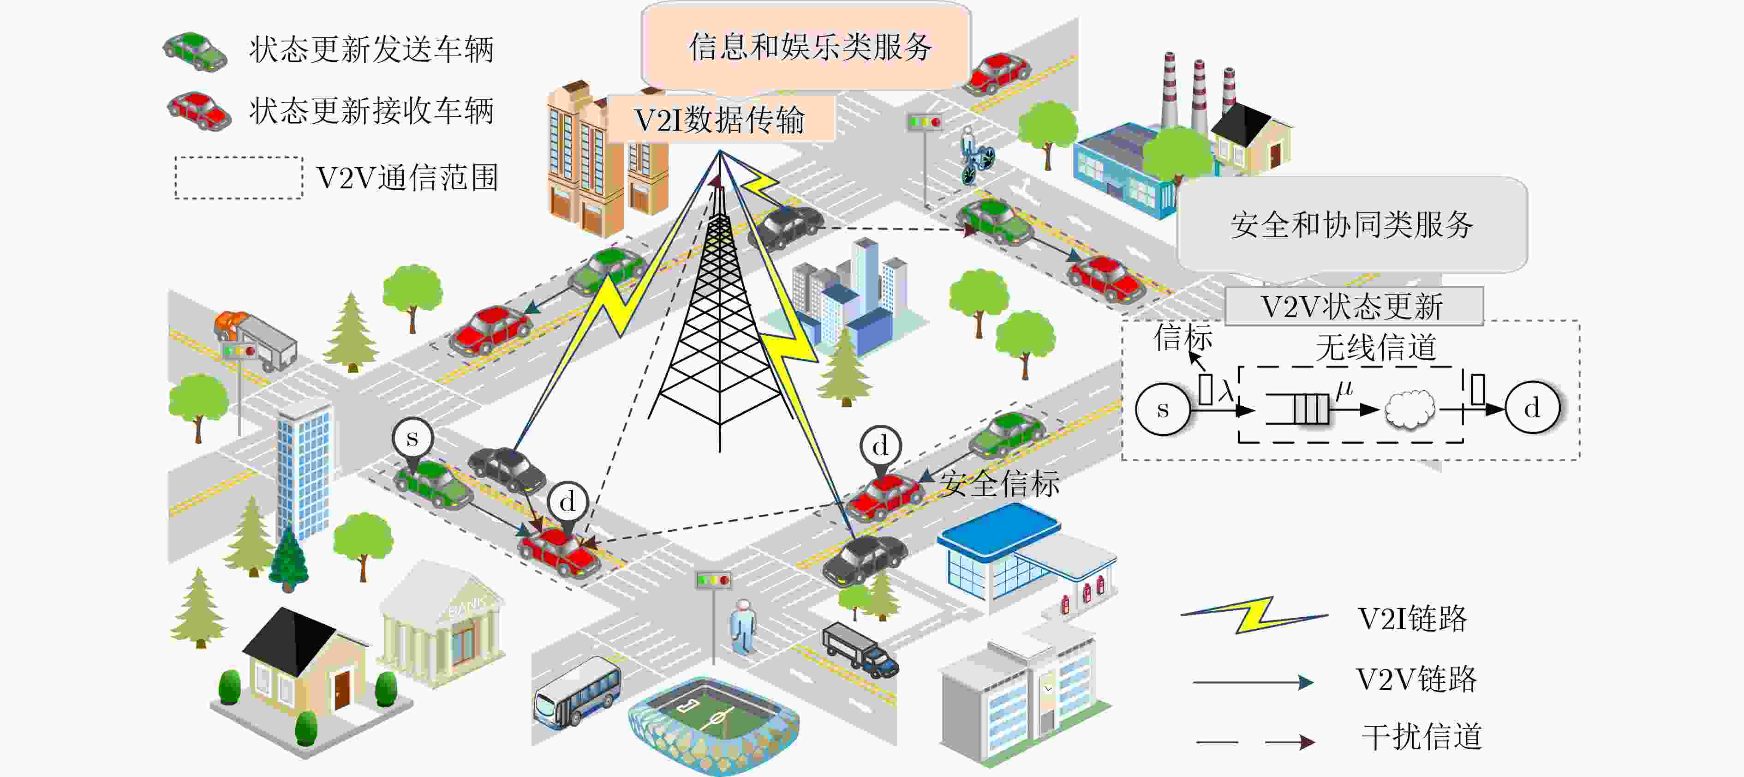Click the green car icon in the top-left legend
[x=195, y=51]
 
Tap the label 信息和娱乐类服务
[x=810, y=47]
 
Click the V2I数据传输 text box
[x=720, y=119]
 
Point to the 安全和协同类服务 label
[x=1351, y=224]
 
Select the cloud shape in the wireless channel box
[x=1410, y=409]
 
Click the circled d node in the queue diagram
[x=1533, y=408]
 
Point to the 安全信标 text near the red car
[x=1000, y=483]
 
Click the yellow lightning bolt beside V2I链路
[x=1254, y=614]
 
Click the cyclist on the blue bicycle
[x=976, y=155]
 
